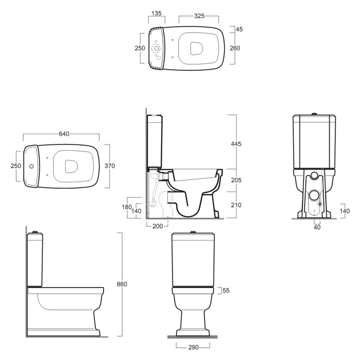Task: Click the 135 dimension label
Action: (x=157, y=13)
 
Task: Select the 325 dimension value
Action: (x=199, y=16)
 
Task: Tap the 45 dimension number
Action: (x=239, y=29)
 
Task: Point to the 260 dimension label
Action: (x=235, y=48)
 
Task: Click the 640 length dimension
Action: (x=64, y=134)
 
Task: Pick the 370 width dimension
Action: (x=110, y=166)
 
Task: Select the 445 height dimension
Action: (x=236, y=144)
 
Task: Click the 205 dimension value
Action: (x=236, y=180)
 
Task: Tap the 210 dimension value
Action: (x=236, y=205)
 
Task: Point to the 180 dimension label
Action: (x=126, y=207)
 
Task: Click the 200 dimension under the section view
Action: (x=158, y=226)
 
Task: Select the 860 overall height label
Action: (x=122, y=284)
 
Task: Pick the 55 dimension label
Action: (x=226, y=290)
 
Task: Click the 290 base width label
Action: (x=193, y=347)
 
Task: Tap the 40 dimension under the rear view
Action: (x=317, y=227)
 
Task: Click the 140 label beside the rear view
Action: (x=345, y=211)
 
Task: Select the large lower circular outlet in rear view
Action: (x=314, y=195)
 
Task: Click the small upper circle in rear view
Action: (x=314, y=175)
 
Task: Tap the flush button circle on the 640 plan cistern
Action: (x=31, y=166)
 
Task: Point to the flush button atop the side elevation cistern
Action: (x=35, y=232)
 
